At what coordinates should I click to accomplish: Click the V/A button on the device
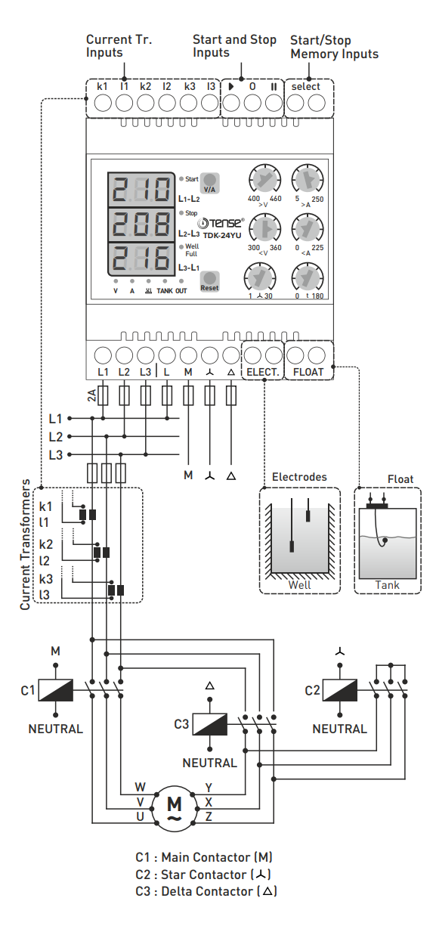209,184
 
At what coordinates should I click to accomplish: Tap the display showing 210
142,189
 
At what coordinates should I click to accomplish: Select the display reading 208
142,224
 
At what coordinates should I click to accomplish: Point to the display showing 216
142,260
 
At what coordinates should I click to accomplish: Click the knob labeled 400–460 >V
264,179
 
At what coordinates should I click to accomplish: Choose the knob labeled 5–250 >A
308,179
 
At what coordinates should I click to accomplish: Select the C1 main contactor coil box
55,689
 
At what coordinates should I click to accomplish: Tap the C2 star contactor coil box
339,689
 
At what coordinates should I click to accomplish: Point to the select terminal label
306,86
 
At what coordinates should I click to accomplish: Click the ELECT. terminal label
263,372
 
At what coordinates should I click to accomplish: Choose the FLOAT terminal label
308,372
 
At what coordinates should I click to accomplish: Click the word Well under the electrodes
299,585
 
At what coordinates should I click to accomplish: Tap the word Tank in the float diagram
388,585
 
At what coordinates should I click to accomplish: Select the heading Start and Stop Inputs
234,45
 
